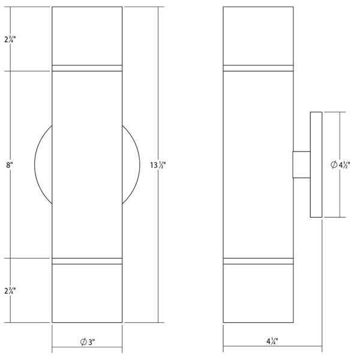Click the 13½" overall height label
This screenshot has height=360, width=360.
158,165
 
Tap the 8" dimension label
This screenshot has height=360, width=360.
10,164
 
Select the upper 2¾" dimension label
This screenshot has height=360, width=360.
10,40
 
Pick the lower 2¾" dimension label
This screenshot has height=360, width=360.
10,290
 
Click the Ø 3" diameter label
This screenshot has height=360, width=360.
88,342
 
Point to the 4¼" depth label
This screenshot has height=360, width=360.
272,341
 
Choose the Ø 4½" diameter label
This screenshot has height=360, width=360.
340,164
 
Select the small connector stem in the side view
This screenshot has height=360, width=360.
301,164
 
